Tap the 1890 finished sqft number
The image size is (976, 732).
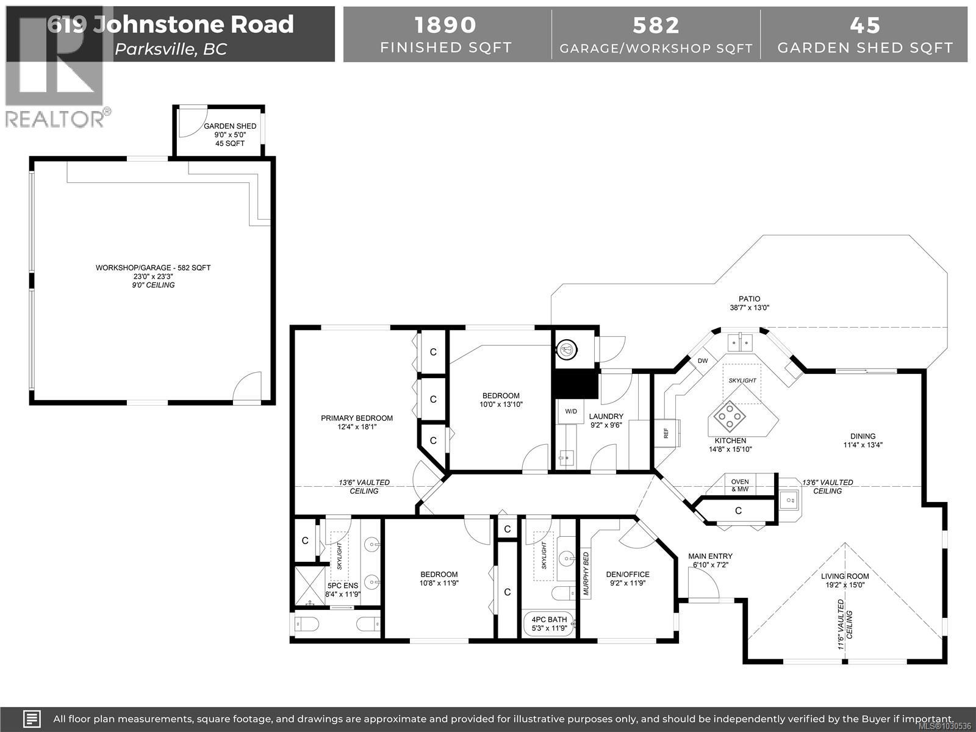(445, 25)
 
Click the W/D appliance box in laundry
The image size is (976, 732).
(571, 411)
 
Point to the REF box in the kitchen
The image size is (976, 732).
(666, 433)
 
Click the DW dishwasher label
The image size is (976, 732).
(703, 361)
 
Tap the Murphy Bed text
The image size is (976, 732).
(586, 574)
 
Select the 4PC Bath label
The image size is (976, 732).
(548, 619)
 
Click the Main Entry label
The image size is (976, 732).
(710, 556)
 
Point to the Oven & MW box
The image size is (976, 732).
(739, 486)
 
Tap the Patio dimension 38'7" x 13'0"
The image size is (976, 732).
(749, 308)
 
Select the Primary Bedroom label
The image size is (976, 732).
(357, 418)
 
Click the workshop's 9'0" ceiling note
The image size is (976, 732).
(153, 285)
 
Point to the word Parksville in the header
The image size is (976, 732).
(155, 49)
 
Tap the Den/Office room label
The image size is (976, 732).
(627, 574)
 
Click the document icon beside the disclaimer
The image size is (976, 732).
(32, 719)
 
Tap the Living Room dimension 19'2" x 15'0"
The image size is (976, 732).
(847, 585)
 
